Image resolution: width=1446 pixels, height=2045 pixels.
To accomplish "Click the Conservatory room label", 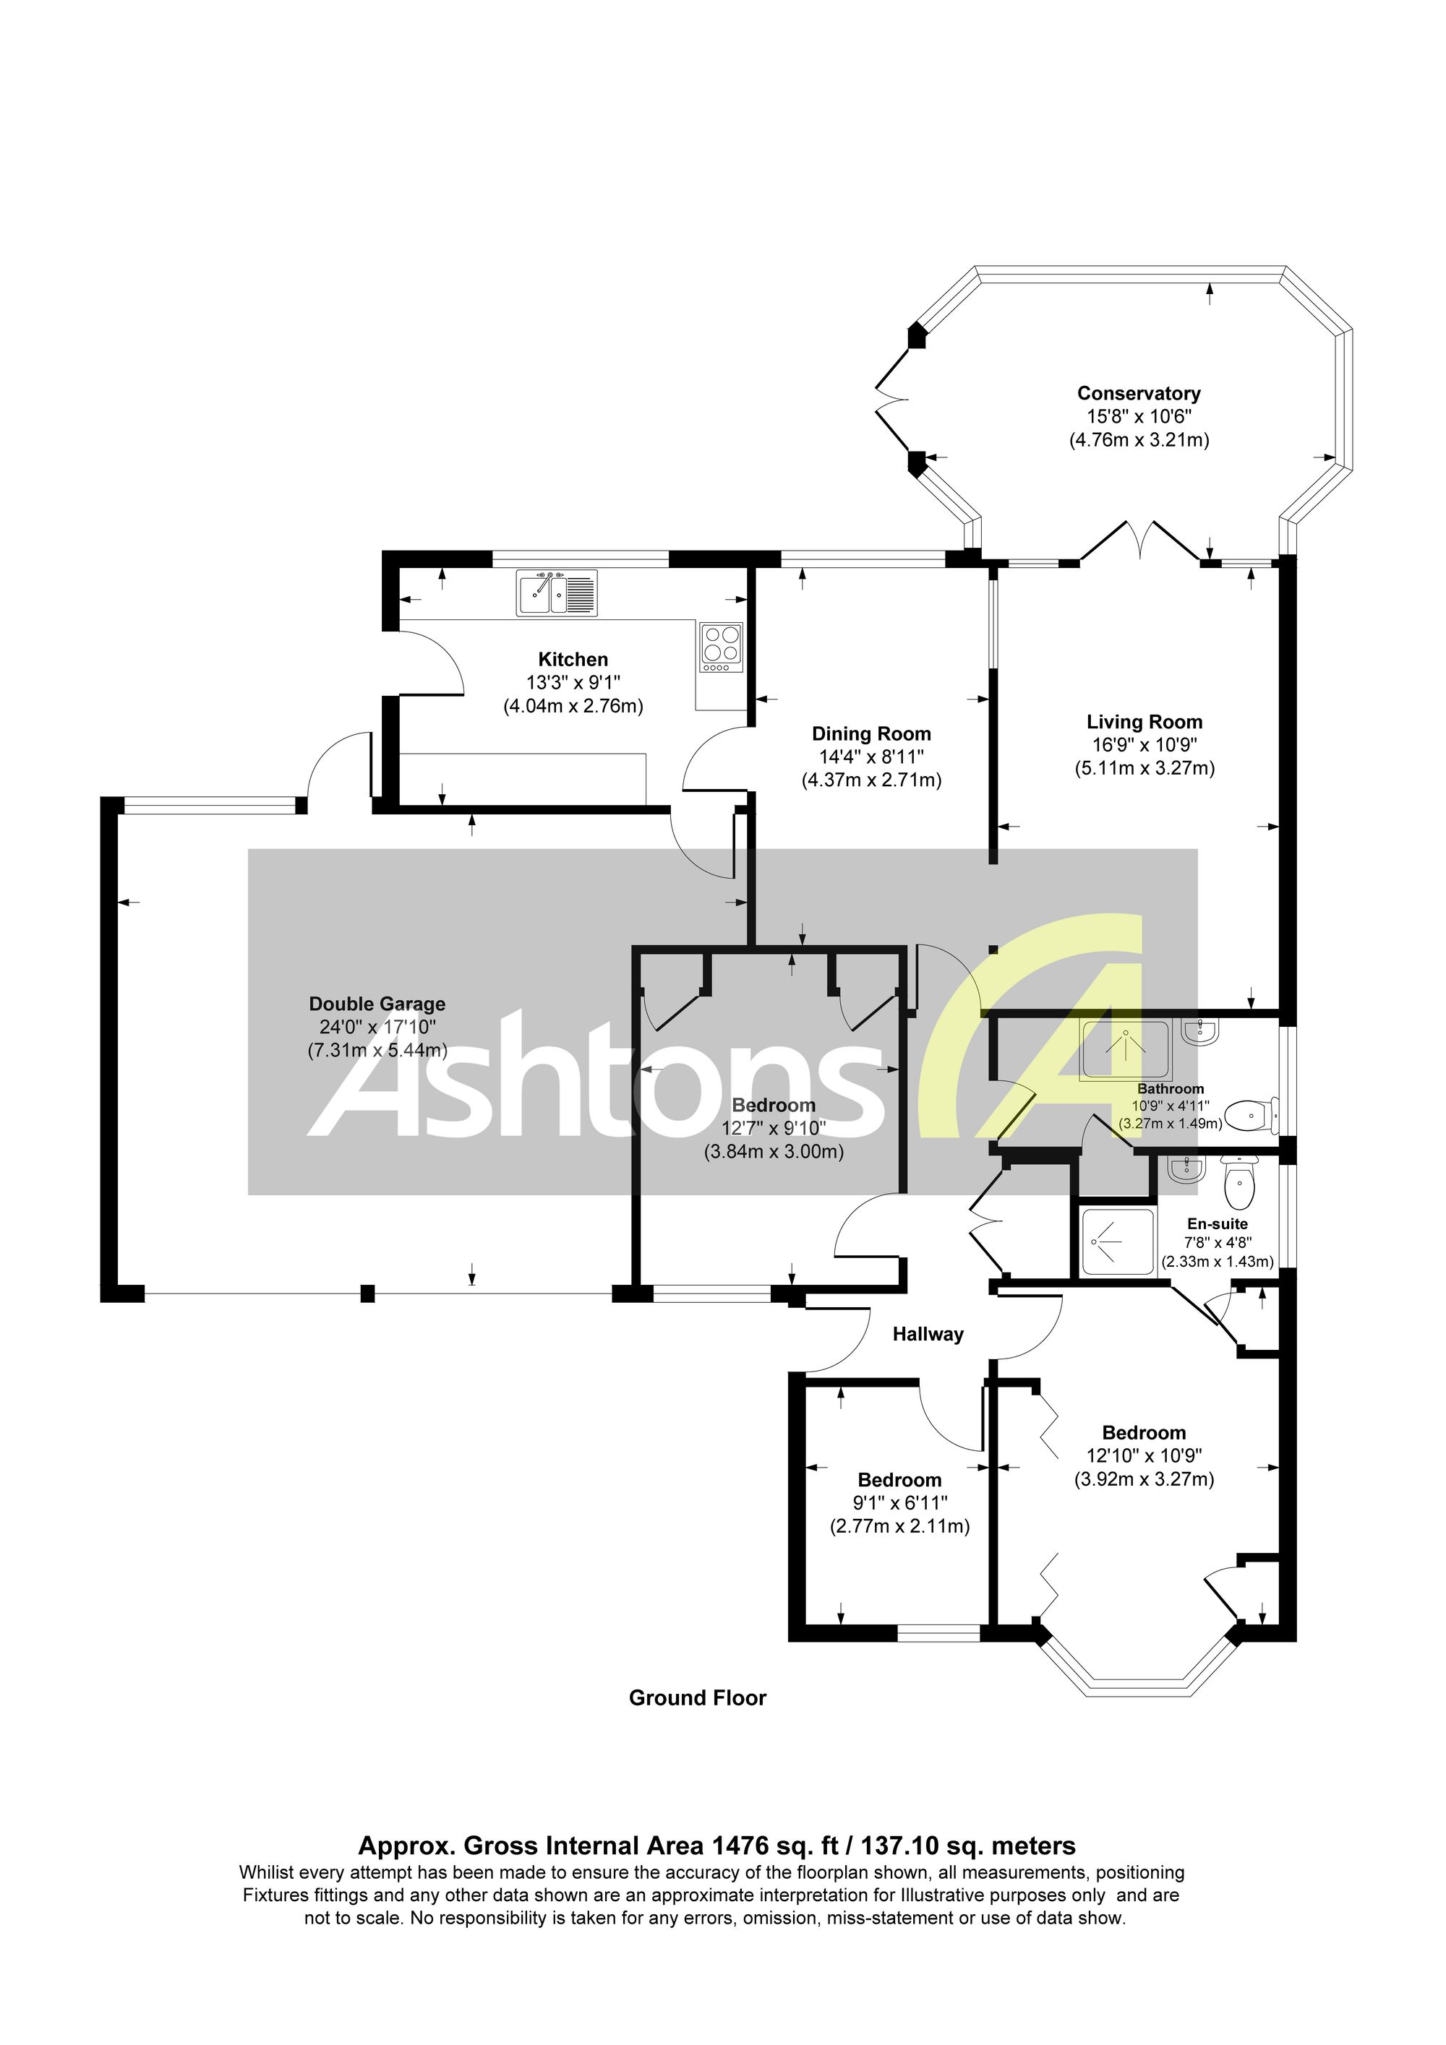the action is tap(1139, 393).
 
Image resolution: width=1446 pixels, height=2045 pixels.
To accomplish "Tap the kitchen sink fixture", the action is tap(557, 593).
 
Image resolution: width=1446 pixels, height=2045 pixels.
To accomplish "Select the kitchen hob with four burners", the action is tap(722, 647).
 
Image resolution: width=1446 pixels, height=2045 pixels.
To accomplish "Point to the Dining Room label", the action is tap(870, 734).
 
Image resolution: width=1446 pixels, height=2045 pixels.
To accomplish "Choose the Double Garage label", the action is tap(377, 1004).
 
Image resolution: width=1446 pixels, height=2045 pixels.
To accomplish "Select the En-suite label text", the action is tap(1217, 1224).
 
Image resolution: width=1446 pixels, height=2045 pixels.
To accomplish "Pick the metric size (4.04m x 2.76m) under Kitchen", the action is tap(573, 706).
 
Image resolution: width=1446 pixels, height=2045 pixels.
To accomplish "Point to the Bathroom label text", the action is tap(1170, 1088).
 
